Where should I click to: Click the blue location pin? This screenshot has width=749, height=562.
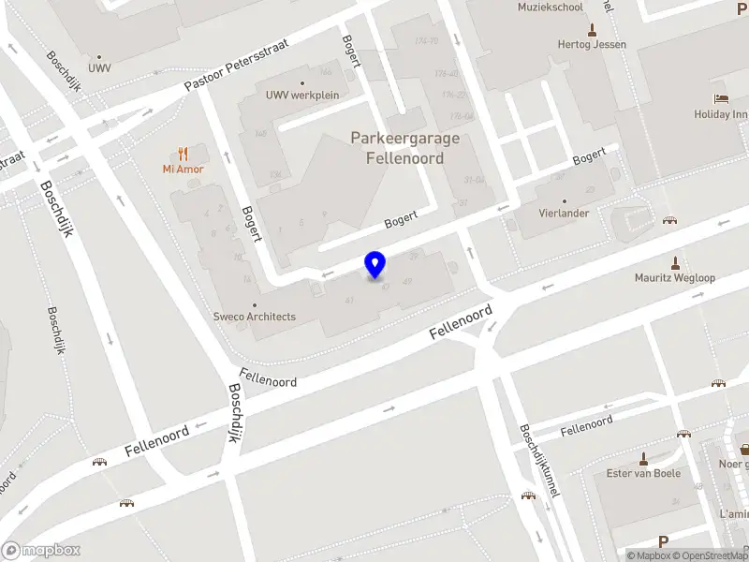pyautogui.click(x=375, y=265)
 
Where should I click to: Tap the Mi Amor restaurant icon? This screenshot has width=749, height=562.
pyautogui.click(x=183, y=153)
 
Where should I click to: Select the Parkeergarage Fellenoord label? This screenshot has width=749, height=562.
pyautogui.click(x=405, y=148)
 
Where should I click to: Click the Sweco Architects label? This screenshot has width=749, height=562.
pyautogui.click(x=254, y=317)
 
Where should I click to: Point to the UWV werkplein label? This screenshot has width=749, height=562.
pyautogui.click(x=301, y=95)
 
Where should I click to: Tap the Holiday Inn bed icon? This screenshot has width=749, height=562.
pyautogui.click(x=720, y=98)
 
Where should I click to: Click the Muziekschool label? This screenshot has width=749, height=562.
pyautogui.click(x=550, y=7)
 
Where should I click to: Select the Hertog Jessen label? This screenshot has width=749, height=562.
pyautogui.click(x=591, y=44)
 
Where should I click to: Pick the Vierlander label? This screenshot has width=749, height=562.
pyautogui.click(x=564, y=213)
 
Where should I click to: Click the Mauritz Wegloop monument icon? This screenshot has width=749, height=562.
pyautogui.click(x=674, y=263)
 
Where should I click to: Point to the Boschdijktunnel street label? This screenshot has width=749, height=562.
pyautogui.click(x=538, y=462)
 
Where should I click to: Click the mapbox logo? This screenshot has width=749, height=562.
pyautogui.click(x=40, y=551)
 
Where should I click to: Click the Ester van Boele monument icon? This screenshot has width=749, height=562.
pyautogui.click(x=643, y=459)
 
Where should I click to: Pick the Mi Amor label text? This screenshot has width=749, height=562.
pyautogui.click(x=183, y=170)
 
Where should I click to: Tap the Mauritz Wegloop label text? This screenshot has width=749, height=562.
pyautogui.click(x=674, y=278)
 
